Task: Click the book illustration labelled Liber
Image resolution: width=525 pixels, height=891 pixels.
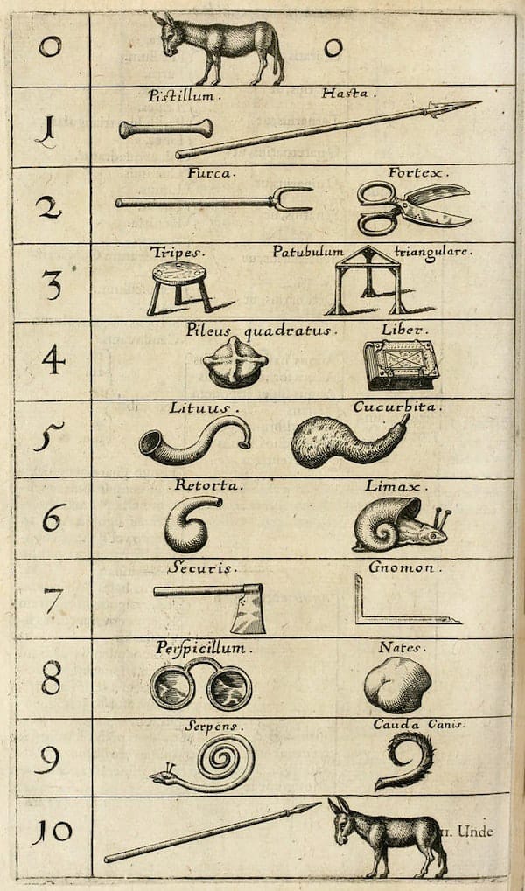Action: pos(401,365)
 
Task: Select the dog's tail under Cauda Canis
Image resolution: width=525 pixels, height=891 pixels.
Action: pos(406,760)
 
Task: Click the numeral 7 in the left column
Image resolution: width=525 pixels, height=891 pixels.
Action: pos(52,601)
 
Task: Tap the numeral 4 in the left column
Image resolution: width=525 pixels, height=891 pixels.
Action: pos(52,359)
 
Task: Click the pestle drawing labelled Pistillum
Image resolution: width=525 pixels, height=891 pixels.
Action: pos(166,129)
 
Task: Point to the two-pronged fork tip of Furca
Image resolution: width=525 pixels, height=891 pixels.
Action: pos(294,199)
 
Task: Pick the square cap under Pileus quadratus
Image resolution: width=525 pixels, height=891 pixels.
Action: pos(234,362)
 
